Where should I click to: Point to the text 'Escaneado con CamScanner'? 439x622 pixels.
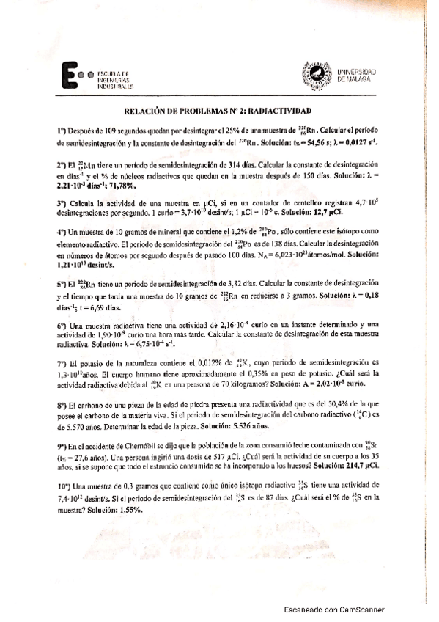click(x=334, y=610)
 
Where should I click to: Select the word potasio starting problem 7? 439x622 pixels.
click(x=89, y=362)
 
